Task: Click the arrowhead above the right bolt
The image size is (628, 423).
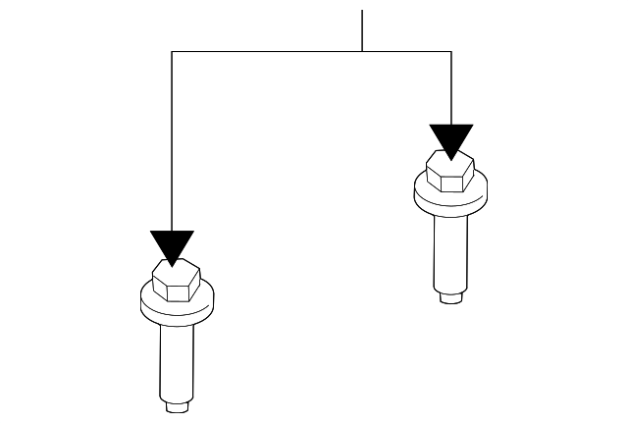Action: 451,140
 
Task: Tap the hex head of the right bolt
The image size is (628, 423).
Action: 450,174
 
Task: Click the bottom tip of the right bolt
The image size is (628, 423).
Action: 450,297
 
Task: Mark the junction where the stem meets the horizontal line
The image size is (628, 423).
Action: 362,51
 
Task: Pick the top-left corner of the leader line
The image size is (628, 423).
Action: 173,51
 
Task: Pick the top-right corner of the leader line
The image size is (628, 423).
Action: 451,51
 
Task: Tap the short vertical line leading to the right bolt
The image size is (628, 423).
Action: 451,88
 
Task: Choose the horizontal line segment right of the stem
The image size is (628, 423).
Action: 407,51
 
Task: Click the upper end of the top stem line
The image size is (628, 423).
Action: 362,12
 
